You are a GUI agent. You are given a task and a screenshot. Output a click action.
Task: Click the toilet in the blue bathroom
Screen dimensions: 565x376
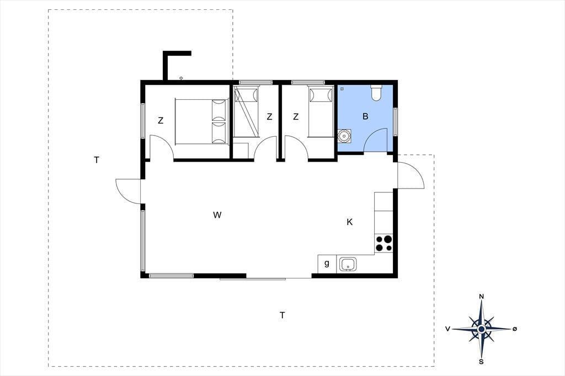(x=376, y=93)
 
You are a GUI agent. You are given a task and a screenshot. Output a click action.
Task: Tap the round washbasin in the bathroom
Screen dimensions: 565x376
(x=344, y=136)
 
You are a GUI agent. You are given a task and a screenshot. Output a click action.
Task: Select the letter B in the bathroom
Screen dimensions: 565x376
(x=365, y=116)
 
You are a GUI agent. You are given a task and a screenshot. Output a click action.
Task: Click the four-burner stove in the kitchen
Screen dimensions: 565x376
(x=383, y=243)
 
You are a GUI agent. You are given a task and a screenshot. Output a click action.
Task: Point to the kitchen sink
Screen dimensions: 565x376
(x=348, y=264)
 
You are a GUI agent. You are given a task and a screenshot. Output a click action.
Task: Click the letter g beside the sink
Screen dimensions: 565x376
(x=327, y=264)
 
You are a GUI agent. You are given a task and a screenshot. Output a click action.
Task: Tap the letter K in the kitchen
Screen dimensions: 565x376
(x=349, y=222)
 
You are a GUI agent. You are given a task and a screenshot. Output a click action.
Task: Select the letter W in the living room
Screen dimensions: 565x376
(x=217, y=215)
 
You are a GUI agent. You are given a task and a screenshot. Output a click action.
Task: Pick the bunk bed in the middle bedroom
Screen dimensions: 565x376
(x=246, y=112)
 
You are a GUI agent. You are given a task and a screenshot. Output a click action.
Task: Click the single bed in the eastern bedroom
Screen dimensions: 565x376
(x=321, y=112)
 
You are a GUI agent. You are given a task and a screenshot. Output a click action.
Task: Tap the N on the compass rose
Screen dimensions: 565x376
(x=481, y=297)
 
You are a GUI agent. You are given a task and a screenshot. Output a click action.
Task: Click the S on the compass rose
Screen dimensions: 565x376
(x=481, y=362)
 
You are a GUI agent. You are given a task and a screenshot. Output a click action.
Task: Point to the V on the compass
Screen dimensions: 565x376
(x=447, y=329)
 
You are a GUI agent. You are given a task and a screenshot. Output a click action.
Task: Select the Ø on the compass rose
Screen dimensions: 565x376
(x=515, y=329)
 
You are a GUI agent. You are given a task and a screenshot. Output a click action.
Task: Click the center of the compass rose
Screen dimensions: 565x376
(x=481, y=329)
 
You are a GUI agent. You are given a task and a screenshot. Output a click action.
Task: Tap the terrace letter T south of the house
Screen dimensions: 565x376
(x=282, y=315)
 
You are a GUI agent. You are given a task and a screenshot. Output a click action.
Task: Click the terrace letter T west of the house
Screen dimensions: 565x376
(x=96, y=160)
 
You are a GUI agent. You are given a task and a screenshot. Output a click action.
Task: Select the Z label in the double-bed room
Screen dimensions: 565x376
(x=161, y=121)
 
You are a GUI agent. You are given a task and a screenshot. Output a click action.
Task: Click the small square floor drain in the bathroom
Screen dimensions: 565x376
(x=342, y=89)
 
